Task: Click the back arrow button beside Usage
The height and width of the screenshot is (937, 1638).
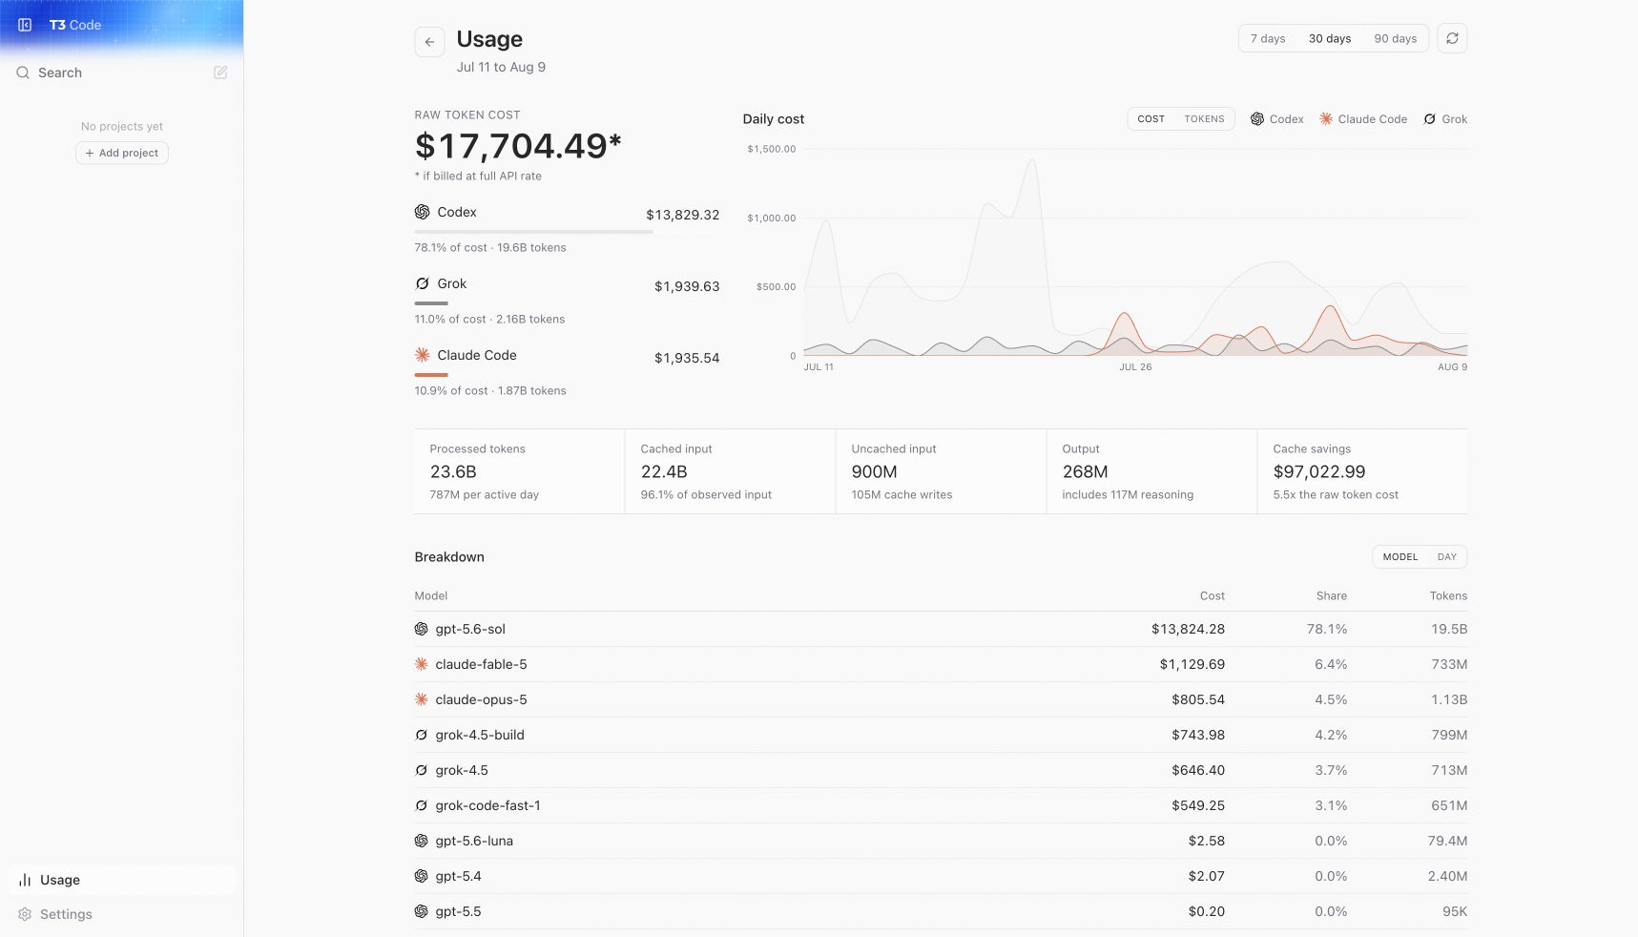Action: coord(429,42)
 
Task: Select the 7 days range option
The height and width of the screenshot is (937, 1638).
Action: coord(1268,39)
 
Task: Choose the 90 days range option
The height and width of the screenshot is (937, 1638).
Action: coord(1395,39)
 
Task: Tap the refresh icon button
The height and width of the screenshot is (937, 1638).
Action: coord(1452,38)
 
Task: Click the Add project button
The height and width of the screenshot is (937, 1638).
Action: coord(122,153)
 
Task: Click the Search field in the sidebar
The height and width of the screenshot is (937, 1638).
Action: coord(60,73)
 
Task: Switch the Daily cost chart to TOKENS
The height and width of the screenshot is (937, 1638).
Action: coord(1204,119)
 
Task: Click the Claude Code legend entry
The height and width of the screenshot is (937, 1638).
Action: coord(1363,119)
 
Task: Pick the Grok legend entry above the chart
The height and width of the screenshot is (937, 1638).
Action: coord(1445,119)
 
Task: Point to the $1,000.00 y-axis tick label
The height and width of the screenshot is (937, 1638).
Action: coord(771,218)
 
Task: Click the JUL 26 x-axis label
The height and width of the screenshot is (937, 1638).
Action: coord(1135,366)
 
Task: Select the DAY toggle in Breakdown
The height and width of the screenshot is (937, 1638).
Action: coord(1446,557)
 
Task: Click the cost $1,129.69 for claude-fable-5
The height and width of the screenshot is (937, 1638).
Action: coord(1192,664)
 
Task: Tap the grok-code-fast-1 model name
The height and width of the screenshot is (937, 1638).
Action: coord(487,805)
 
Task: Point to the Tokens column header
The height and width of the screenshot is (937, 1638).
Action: coord(1448,595)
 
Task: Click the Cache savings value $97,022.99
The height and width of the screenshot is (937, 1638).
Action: coord(1318,471)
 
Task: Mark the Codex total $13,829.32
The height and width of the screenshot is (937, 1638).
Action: coord(682,215)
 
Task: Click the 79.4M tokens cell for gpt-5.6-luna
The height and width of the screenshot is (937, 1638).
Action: coord(1447,841)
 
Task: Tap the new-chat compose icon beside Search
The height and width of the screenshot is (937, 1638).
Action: coord(220,73)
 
